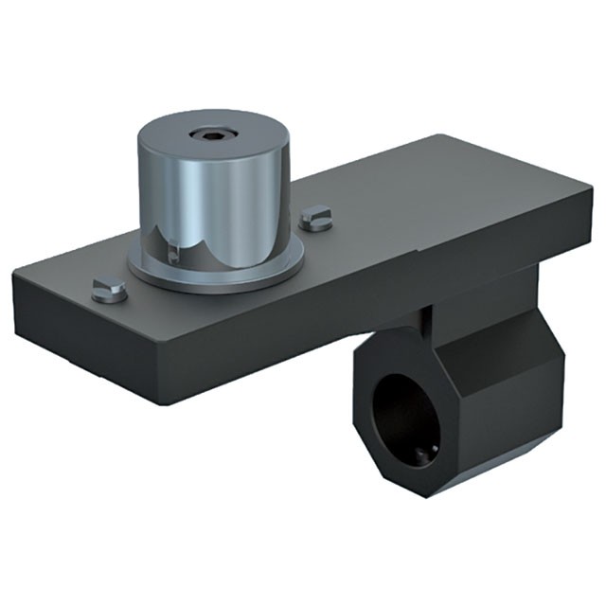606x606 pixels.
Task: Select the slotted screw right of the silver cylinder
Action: (317, 221)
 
